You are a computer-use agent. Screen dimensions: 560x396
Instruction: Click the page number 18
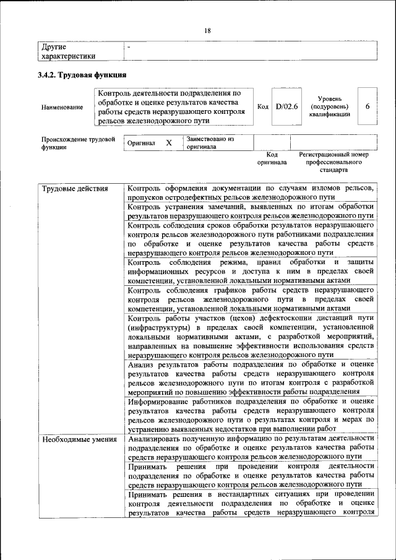(208, 31)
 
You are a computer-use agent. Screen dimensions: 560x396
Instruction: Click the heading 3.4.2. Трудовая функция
(82, 75)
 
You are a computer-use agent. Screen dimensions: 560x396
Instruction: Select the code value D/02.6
(286, 106)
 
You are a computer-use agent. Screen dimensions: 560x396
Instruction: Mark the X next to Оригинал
(168, 143)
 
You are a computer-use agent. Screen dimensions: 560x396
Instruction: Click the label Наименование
(62, 107)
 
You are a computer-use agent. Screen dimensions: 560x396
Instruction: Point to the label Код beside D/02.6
(262, 106)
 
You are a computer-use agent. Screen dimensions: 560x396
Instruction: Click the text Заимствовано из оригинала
(210, 143)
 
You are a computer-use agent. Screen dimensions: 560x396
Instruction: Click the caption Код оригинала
(272, 158)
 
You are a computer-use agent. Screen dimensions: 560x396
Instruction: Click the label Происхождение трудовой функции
(78, 144)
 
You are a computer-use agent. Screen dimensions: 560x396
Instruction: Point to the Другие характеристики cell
(68, 51)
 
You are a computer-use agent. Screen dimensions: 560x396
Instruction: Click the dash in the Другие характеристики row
(129, 47)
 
